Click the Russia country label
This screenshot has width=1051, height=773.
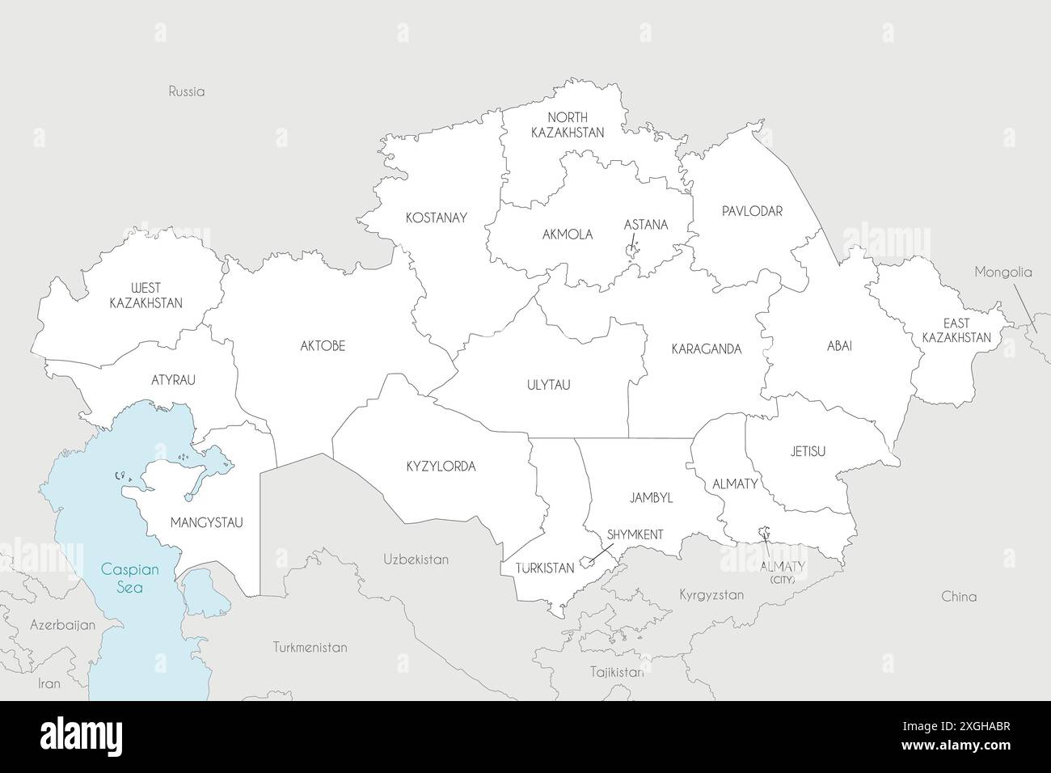click(x=187, y=91)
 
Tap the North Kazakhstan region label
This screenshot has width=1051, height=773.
click(x=568, y=125)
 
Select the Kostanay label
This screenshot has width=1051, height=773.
click(x=436, y=218)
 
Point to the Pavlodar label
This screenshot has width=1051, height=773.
click(x=752, y=211)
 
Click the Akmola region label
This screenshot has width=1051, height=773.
click(x=568, y=234)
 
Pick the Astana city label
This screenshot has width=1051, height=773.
click(x=645, y=224)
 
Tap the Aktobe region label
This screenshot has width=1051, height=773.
click(x=323, y=345)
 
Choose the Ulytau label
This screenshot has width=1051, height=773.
click(x=548, y=385)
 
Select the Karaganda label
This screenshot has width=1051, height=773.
click(x=706, y=349)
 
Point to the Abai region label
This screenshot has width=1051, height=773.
click(x=838, y=345)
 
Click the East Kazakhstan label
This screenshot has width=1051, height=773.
click(x=956, y=330)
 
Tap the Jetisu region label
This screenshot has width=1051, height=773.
click(x=808, y=451)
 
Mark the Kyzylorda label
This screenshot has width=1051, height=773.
click(x=441, y=467)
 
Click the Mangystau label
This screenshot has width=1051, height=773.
click(x=206, y=522)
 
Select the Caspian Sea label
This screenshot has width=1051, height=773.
click(x=129, y=578)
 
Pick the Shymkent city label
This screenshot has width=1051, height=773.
click(x=635, y=534)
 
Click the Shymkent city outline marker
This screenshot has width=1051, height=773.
click(x=587, y=560)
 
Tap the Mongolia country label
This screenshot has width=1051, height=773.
click(x=1002, y=272)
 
